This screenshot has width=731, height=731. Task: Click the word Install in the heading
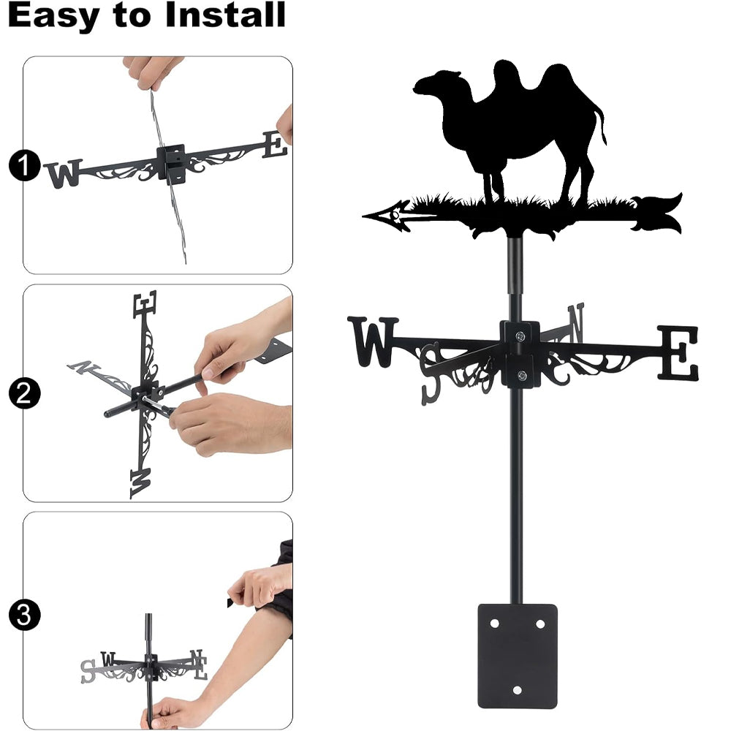[225, 15]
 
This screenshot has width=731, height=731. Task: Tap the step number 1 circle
[24, 165]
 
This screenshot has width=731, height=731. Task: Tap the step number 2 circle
[24, 394]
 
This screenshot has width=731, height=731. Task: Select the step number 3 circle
[24, 615]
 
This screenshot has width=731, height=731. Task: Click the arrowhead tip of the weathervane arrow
[363, 216]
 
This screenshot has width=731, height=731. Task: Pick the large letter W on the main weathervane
[373, 341]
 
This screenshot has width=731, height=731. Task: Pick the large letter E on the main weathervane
[678, 352]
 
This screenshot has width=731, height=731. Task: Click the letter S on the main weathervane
[431, 374]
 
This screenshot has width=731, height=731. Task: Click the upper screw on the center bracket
[520, 336]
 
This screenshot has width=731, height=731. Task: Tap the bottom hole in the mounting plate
[517, 690]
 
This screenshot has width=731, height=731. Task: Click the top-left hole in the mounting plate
[495, 624]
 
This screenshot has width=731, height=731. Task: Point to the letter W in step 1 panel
[64, 174]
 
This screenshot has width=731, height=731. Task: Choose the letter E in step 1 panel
[275, 145]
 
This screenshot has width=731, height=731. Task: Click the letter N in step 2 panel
[84, 368]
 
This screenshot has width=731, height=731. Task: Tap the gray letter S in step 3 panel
[88, 671]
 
